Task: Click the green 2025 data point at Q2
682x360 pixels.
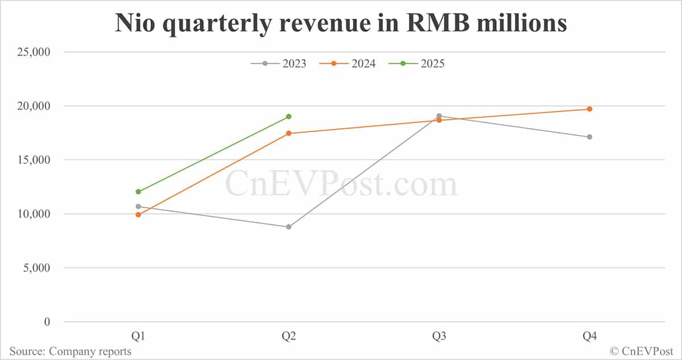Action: [289, 117]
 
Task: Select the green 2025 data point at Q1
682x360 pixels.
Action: [138, 192]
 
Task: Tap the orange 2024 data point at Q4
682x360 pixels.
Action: [589, 109]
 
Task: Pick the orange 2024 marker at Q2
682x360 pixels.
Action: [289, 134]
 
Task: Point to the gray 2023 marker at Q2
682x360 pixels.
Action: [289, 227]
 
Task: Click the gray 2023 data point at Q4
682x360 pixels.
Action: [589, 137]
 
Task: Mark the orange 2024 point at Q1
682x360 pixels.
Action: [138, 214]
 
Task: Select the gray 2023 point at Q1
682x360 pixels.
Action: [138, 206]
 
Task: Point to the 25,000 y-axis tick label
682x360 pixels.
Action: [33, 52]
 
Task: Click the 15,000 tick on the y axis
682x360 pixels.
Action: [33, 160]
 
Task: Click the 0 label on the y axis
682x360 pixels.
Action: [47, 322]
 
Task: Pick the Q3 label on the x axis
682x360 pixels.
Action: [439, 337]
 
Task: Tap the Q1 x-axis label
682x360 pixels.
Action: [138, 337]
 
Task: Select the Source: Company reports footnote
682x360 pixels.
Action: [70, 351]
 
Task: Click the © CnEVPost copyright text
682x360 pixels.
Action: [642, 351]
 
